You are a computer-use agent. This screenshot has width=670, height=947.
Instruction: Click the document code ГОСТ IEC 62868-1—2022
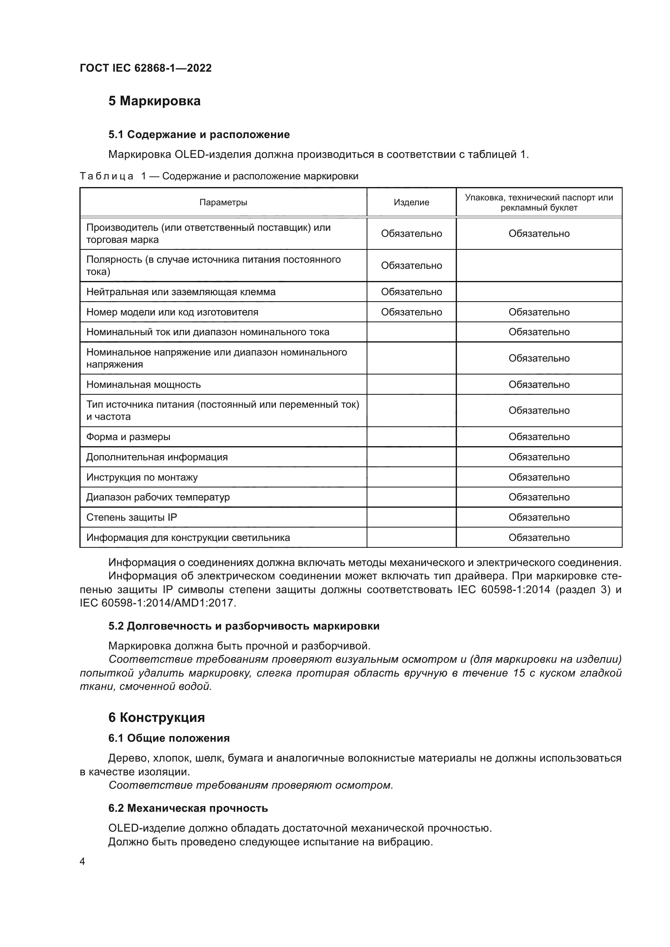click(x=145, y=68)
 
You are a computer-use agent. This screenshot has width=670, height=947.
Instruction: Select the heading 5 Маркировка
click(x=154, y=101)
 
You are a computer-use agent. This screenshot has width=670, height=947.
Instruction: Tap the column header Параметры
click(x=223, y=202)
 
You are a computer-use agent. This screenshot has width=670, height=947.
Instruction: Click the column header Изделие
click(x=411, y=202)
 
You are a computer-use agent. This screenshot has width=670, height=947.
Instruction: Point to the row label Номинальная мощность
click(x=143, y=385)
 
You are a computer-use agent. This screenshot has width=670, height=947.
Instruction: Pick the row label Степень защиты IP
click(x=131, y=518)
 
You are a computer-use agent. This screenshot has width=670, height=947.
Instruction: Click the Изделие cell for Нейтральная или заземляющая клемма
click(x=411, y=292)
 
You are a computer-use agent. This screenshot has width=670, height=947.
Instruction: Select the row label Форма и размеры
click(x=128, y=437)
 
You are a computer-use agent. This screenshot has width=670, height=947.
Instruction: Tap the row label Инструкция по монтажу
click(x=141, y=477)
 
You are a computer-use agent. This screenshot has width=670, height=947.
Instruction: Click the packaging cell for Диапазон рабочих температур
click(x=538, y=498)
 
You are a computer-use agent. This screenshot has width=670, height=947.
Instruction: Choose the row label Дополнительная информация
click(x=157, y=457)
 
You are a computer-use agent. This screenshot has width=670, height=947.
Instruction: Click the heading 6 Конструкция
click(x=156, y=718)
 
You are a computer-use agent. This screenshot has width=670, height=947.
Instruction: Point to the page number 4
click(x=82, y=862)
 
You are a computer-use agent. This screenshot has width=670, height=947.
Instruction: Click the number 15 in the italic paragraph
click(x=519, y=673)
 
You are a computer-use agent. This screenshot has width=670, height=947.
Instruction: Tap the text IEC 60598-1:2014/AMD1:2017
click(x=158, y=603)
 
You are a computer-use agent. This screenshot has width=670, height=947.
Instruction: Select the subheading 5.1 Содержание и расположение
click(x=199, y=134)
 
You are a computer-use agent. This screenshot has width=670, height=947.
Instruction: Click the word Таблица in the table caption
click(x=106, y=177)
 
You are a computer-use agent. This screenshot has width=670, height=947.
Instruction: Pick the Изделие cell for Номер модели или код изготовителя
click(x=411, y=312)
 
